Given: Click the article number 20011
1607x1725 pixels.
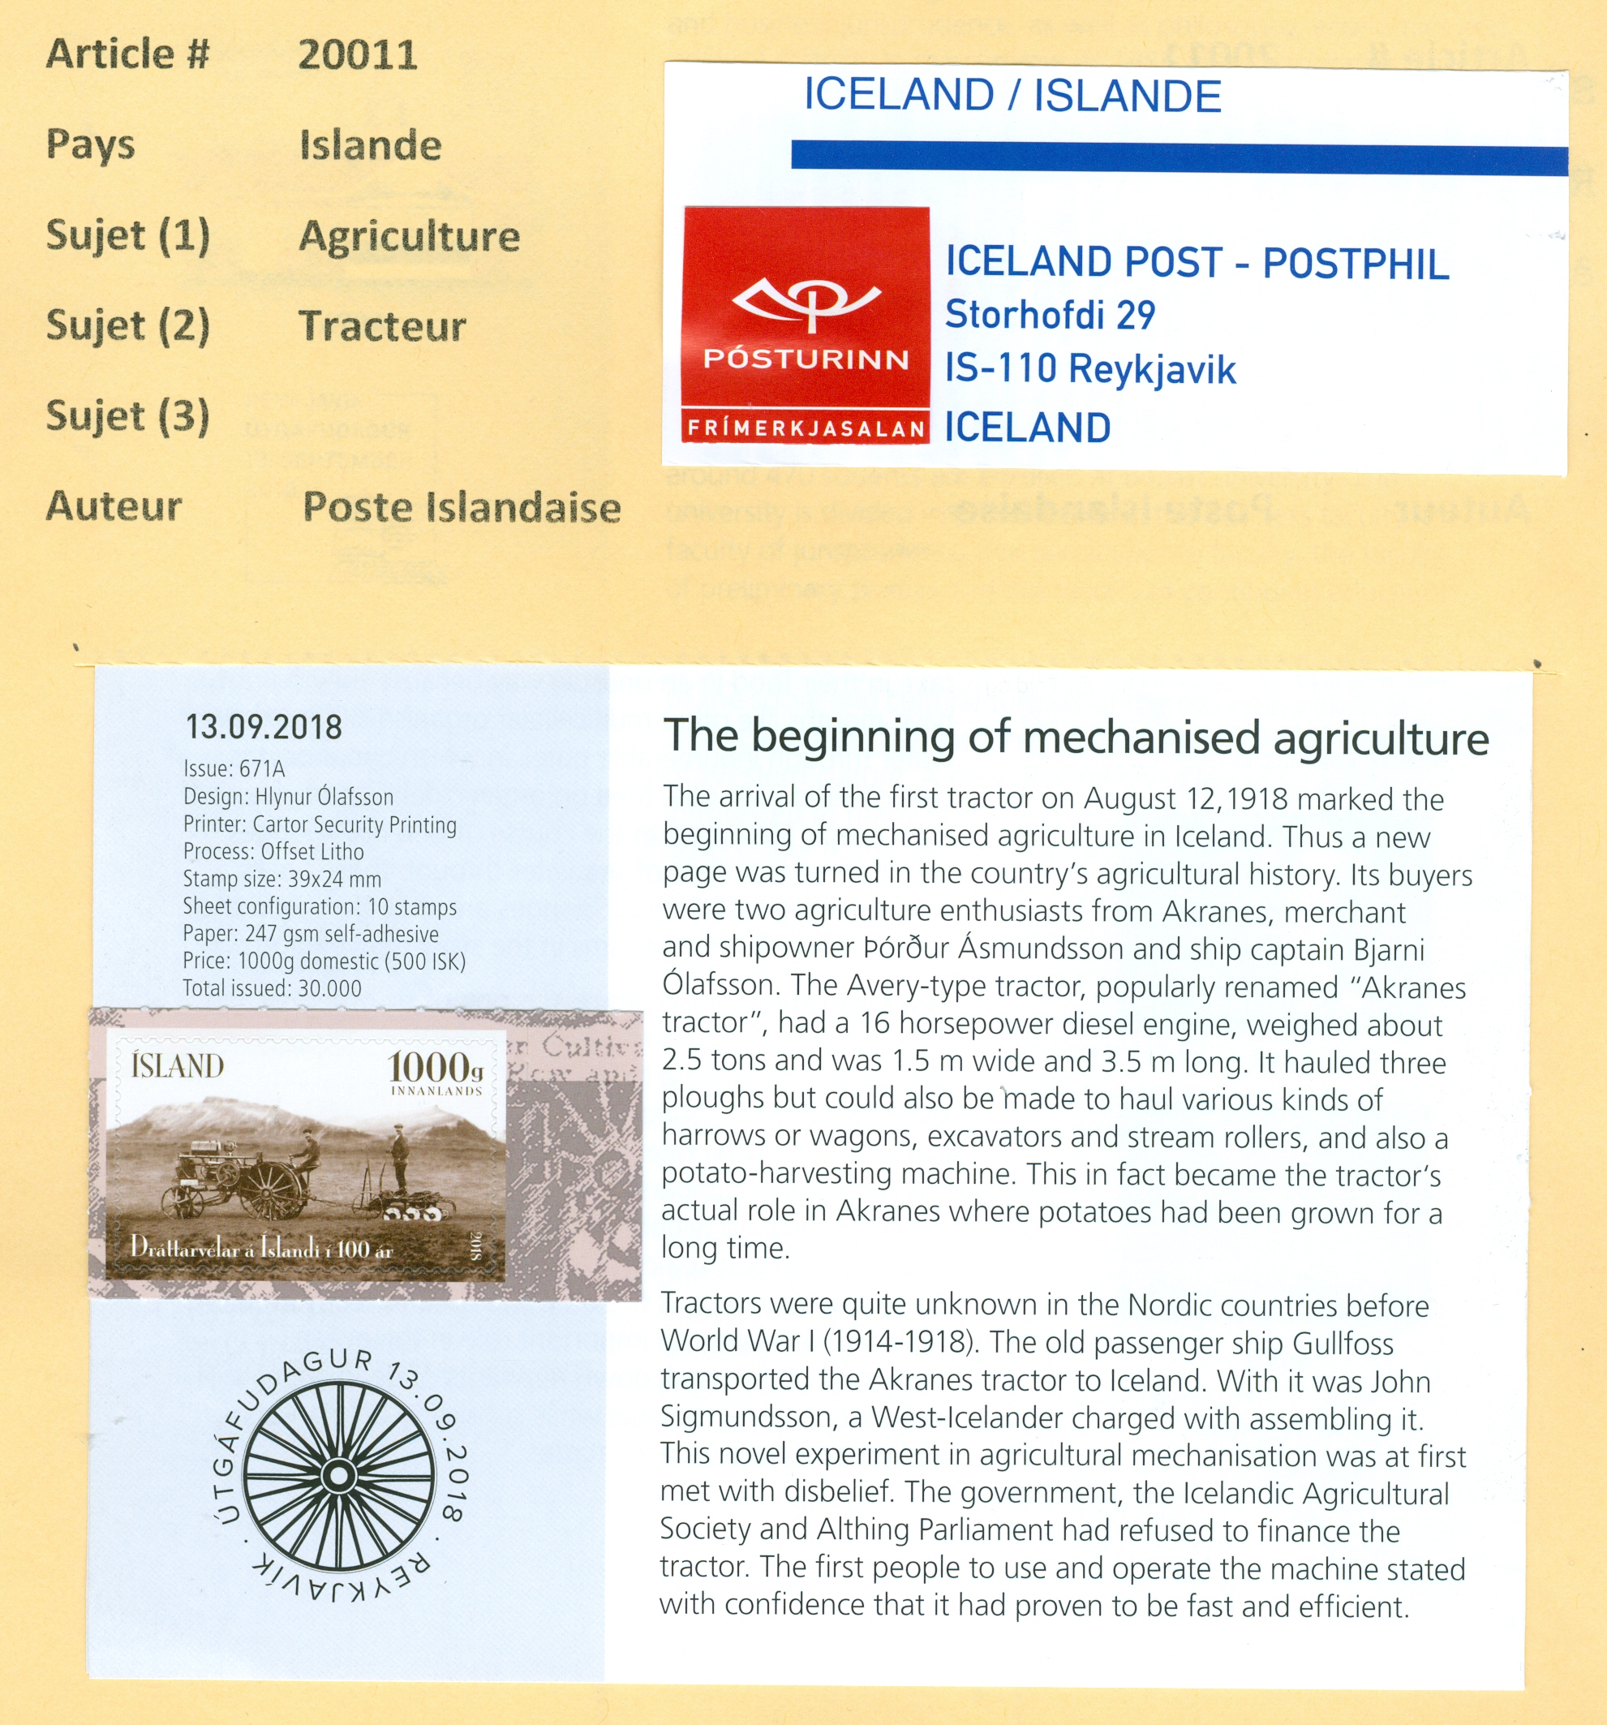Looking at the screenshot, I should (358, 54).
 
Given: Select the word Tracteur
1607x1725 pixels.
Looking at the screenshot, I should (383, 326).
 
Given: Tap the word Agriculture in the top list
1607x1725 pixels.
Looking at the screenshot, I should (410, 236).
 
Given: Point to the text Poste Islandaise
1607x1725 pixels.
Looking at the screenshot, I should (462, 508).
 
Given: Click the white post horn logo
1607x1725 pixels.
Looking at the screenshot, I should (806, 300).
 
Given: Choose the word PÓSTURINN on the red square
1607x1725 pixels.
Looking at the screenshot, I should (806, 359).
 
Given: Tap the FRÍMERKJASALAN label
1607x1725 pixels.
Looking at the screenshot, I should (806, 428).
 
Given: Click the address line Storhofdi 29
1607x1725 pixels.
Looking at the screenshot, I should (1050, 315).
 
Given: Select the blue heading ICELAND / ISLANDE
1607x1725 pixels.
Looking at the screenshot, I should (1012, 96).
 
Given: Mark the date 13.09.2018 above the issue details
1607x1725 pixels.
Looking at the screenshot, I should (264, 727).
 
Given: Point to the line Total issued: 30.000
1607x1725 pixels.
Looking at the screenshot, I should (272, 987).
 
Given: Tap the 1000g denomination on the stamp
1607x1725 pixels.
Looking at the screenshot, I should (434, 1067).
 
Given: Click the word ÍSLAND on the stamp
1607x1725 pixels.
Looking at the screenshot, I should (178, 1065).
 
